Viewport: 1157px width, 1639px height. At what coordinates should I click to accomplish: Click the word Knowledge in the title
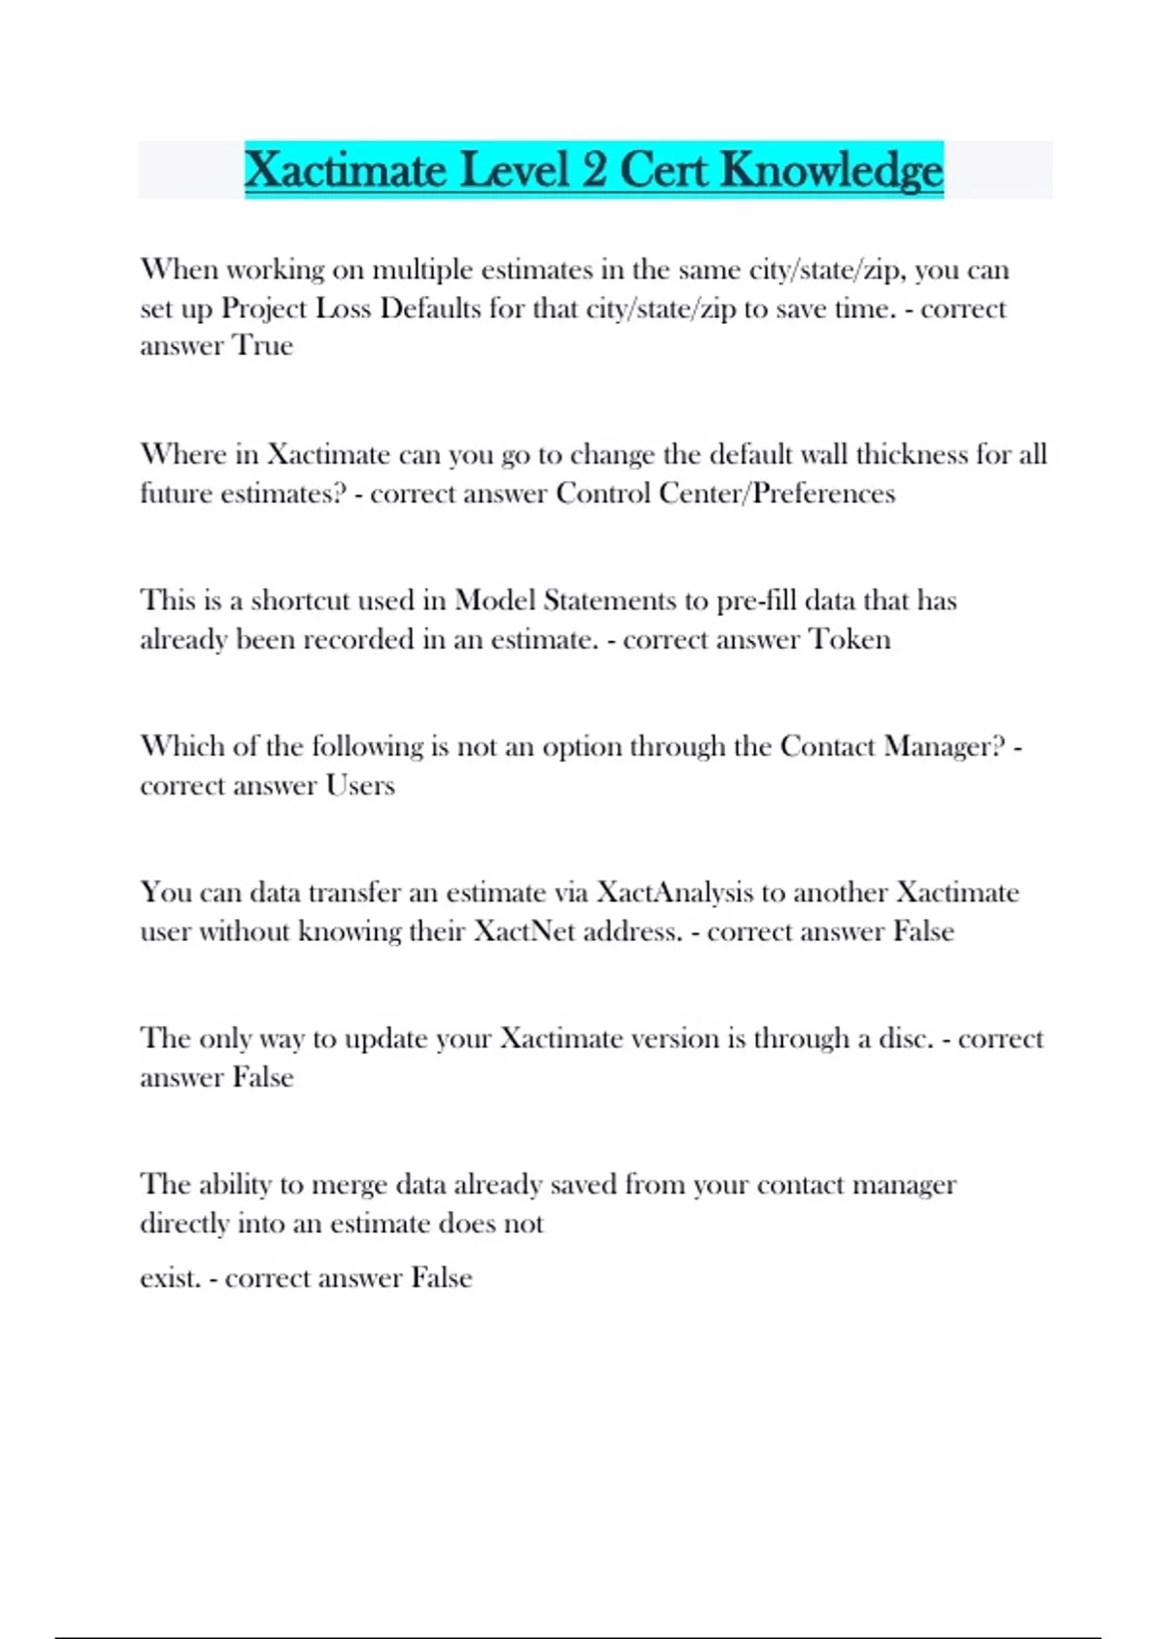tap(831, 171)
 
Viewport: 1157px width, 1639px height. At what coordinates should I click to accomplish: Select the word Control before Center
tap(604, 494)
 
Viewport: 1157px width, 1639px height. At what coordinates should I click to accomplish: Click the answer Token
tap(849, 639)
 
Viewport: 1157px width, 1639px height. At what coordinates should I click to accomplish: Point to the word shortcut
tap(300, 601)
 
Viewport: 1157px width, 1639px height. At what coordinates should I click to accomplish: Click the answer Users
tap(360, 786)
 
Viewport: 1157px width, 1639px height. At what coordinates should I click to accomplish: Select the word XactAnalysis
tap(674, 893)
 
